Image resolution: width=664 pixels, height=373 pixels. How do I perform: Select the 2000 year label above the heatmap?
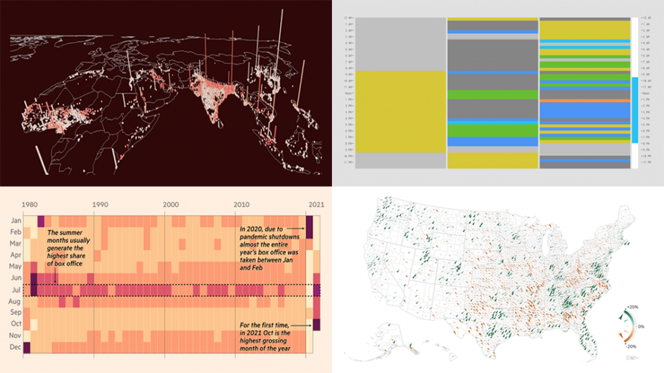click(x=171, y=204)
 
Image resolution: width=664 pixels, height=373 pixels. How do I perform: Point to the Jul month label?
click(x=15, y=290)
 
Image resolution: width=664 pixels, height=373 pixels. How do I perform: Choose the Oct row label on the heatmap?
click(x=15, y=324)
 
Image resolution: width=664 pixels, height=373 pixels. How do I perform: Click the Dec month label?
click(x=15, y=347)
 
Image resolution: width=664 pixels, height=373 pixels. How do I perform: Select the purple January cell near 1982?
click(x=41, y=221)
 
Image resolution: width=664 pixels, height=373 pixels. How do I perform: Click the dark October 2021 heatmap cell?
click(x=317, y=324)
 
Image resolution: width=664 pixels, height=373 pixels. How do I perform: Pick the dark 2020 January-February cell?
click(x=310, y=227)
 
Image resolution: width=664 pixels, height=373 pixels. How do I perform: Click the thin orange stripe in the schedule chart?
click(x=585, y=101)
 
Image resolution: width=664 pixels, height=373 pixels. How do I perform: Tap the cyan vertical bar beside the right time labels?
click(x=634, y=110)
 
